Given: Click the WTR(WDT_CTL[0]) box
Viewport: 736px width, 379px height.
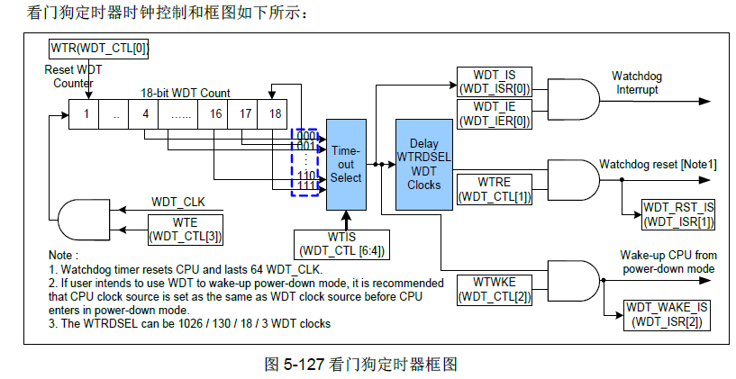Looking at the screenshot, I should [x=97, y=49].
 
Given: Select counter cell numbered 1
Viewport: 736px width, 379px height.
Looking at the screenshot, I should [x=86, y=114].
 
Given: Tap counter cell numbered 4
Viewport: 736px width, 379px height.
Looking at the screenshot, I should [x=144, y=114].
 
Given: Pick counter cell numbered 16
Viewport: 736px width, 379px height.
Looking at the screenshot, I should [x=215, y=114].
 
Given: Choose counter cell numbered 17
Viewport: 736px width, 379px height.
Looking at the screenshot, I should [x=244, y=114].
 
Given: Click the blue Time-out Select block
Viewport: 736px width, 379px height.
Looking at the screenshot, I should [x=346, y=165].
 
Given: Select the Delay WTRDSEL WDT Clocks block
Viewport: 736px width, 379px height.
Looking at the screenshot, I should [x=423, y=165].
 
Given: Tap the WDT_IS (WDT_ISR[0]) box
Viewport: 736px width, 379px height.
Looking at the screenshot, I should [x=495, y=82].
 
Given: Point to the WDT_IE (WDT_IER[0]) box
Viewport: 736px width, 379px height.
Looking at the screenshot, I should [x=495, y=113].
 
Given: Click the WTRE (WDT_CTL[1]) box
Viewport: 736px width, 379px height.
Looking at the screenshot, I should [x=495, y=189].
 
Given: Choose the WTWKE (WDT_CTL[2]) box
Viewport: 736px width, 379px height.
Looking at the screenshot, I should [x=495, y=289].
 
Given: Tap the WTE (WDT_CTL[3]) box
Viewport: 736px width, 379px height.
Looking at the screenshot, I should [x=186, y=230].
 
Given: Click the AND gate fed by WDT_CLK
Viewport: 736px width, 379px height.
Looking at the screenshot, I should [x=81, y=221].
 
